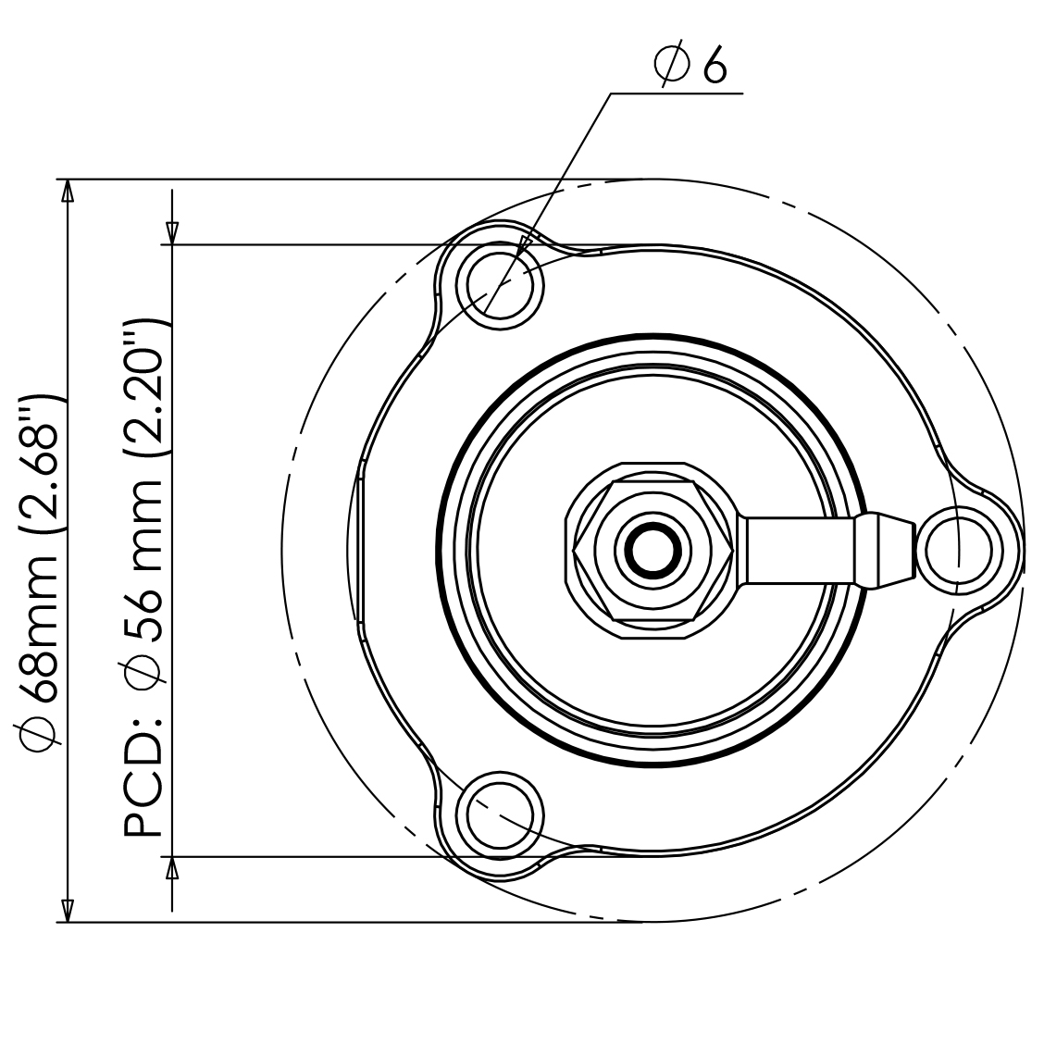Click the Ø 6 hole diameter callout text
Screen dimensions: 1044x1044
coord(690,65)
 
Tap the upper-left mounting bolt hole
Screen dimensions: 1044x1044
coord(500,286)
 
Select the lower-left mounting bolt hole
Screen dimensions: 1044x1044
coord(500,815)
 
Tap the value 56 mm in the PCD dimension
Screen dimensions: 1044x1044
coord(143,555)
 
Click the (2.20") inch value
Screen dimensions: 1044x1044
coord(143,389)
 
